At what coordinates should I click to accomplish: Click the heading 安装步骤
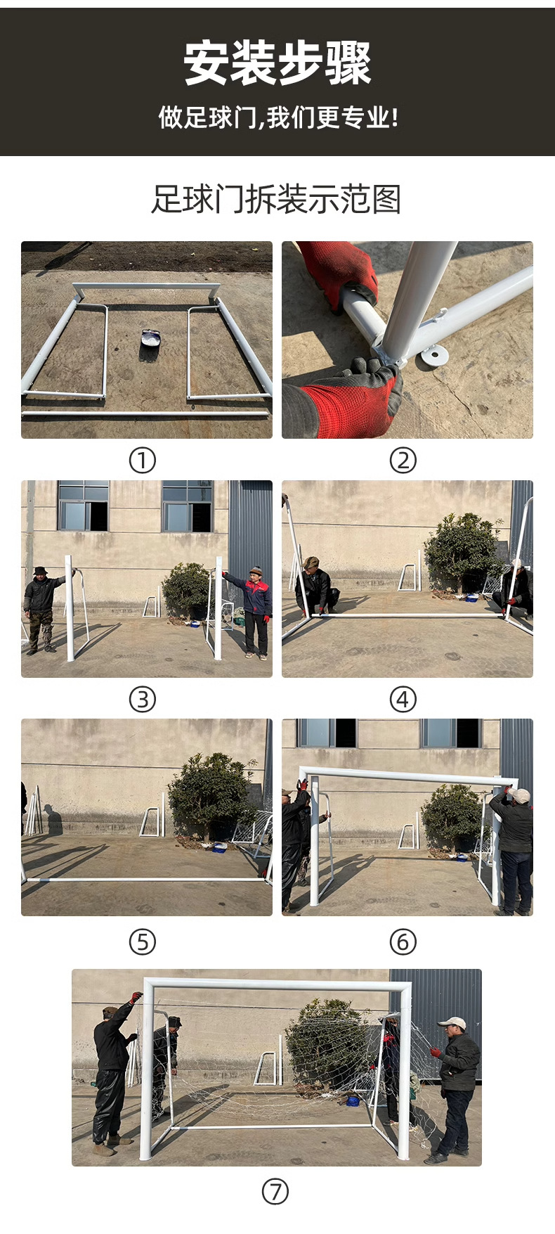pyautogui.click(x=277, y=63)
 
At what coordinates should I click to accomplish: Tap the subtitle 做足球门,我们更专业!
pyautogui.click(x=278, y=117)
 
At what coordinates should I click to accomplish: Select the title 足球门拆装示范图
pyautogui.click(x=276, y=199)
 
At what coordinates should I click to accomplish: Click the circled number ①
pyautogui.click(x=142, y=461)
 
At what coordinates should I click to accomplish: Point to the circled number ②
pyautogui.click(x=403, y=461)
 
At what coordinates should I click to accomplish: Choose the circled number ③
pyautogui.click(x=142, y=700)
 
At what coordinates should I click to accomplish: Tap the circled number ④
pyautogui.click(x=403, y=700)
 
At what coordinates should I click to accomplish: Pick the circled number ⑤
pyautogui.click(x=142, y=941)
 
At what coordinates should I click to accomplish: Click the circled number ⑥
pyautogui.click(x=403, y=941)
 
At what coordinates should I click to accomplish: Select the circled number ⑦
pyautogui.click(x=275, y=1192)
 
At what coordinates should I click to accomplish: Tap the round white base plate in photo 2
pyautogui.click(x=434, y=354)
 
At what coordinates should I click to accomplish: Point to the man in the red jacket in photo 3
pyautogui.click(x=254, y=612)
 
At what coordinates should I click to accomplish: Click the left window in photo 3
pyautogui.click(x=83, y=506)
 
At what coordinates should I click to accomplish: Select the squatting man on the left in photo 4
pyautogui.click(x=317, y=586)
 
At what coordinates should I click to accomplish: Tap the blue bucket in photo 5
pyautogui.click(x=220, y=847)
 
